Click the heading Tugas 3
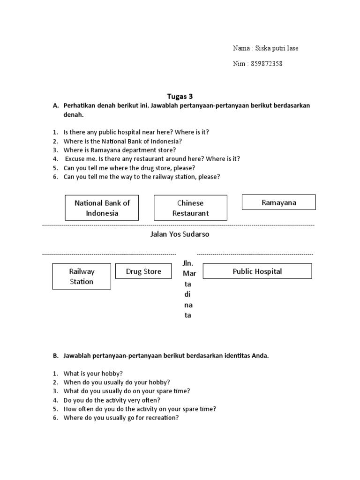(x=180, y=97)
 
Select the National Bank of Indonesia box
(x=102, y=208)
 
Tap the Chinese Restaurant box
(x=190, y=208)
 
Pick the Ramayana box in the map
(x=278, y=202)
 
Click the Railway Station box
(x=81, y=277)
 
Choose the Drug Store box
(x=143, y=271)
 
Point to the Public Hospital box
(x=257, y=271)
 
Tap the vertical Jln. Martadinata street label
(x=187, y=290)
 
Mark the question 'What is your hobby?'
(x=93, y=374)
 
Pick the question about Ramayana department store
(x=120, y=150)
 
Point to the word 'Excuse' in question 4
(x=75, y=159)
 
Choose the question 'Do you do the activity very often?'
(x=112, y=400)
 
